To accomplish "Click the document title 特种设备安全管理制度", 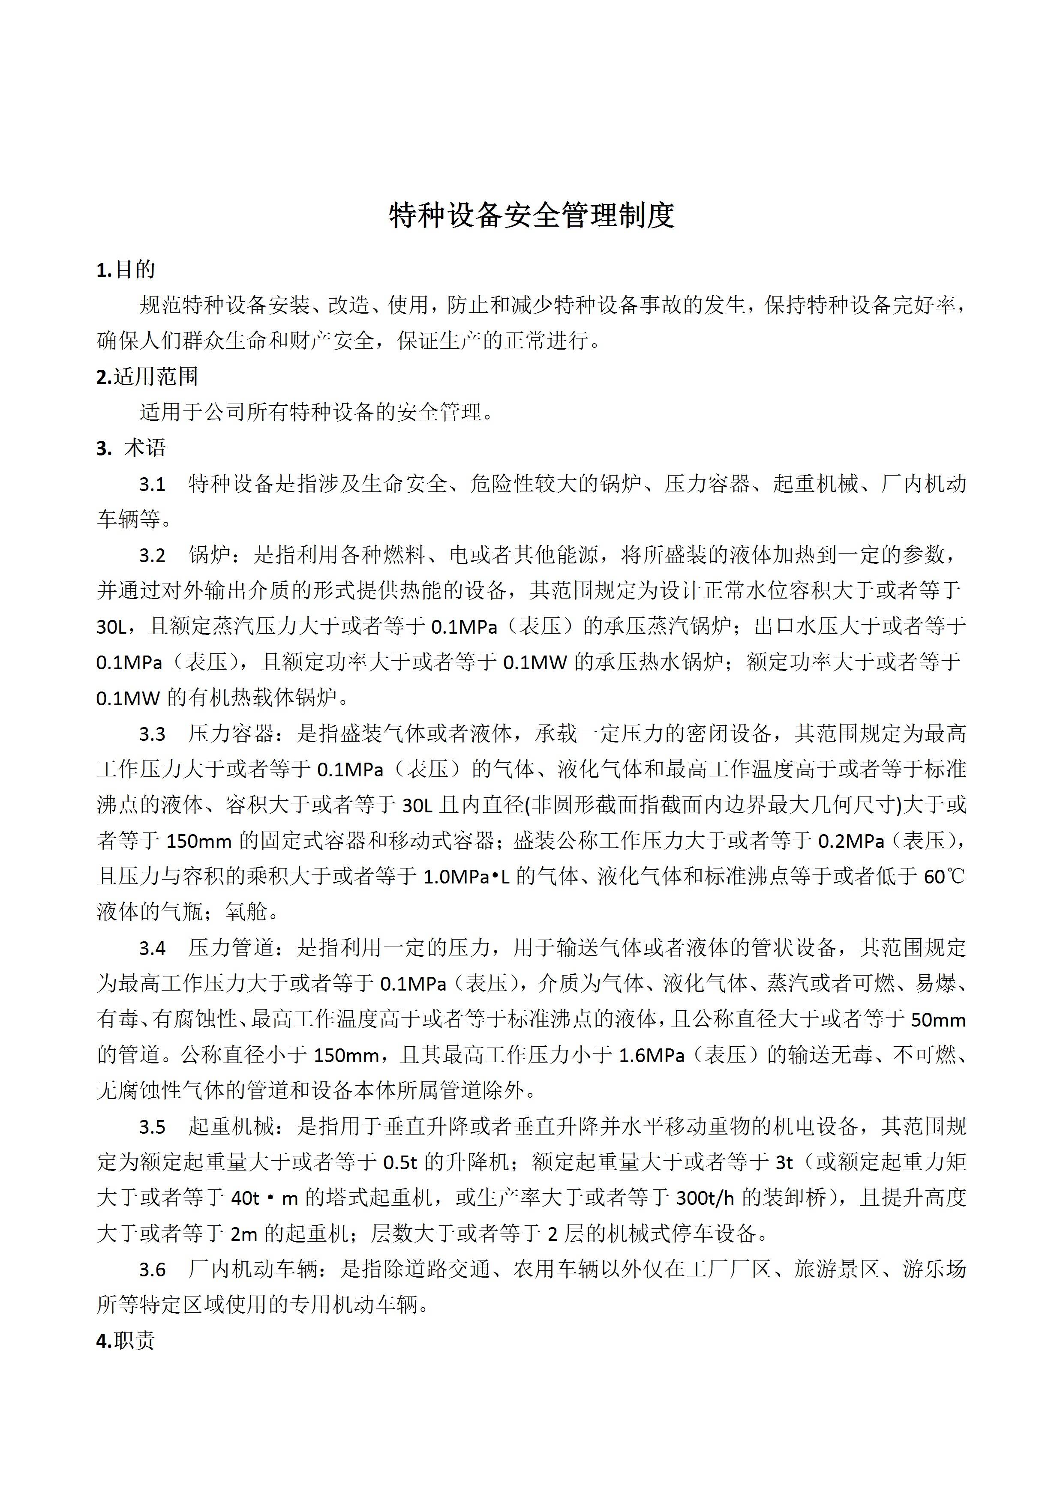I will coord(531,216).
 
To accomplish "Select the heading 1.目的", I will coord(126,269).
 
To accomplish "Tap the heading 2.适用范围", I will coord(147,377).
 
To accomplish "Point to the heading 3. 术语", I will coord(131,449).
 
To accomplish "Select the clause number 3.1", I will coord(152,485).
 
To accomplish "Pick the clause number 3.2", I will coord(152,556).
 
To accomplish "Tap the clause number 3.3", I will coord(152,734).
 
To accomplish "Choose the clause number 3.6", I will coord(152,1270).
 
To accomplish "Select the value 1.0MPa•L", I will coord(466,877).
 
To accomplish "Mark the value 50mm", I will coord(938,1020).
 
